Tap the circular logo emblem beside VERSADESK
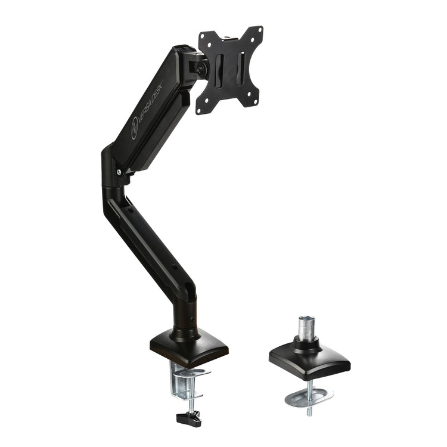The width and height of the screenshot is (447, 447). click(134, 129)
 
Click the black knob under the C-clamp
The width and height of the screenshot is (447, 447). click(189, 418)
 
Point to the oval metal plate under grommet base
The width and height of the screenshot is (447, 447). click(309, 396)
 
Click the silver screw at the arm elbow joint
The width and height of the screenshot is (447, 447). click(119, 172)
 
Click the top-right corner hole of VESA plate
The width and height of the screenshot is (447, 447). click(260, 29)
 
